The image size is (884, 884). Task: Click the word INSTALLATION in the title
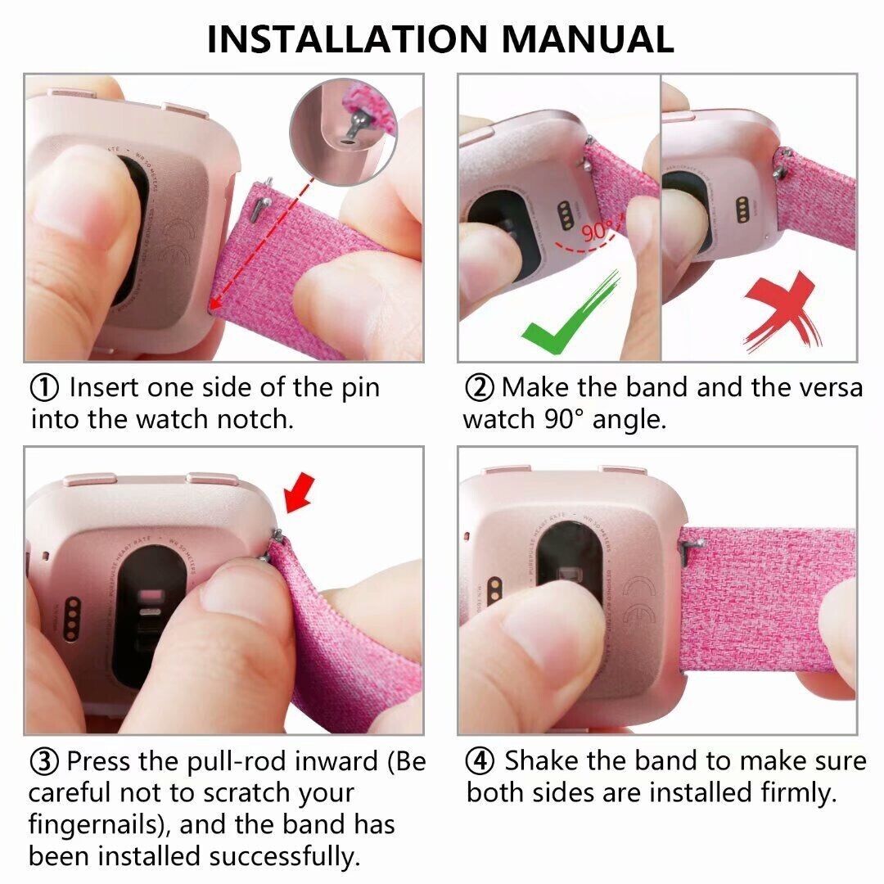(347, 38)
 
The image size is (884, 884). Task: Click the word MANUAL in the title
(588, 38)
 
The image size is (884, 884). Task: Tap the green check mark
(570, 313)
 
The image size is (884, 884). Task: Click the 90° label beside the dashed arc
(597, 231)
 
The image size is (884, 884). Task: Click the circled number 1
(44, 388)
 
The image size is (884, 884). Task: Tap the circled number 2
(479, 388)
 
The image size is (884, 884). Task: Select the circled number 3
(44, 762)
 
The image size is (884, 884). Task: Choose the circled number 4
(480, 761)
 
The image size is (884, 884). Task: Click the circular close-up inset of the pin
(343, 131)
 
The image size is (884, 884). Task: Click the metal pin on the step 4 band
(693, 545)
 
